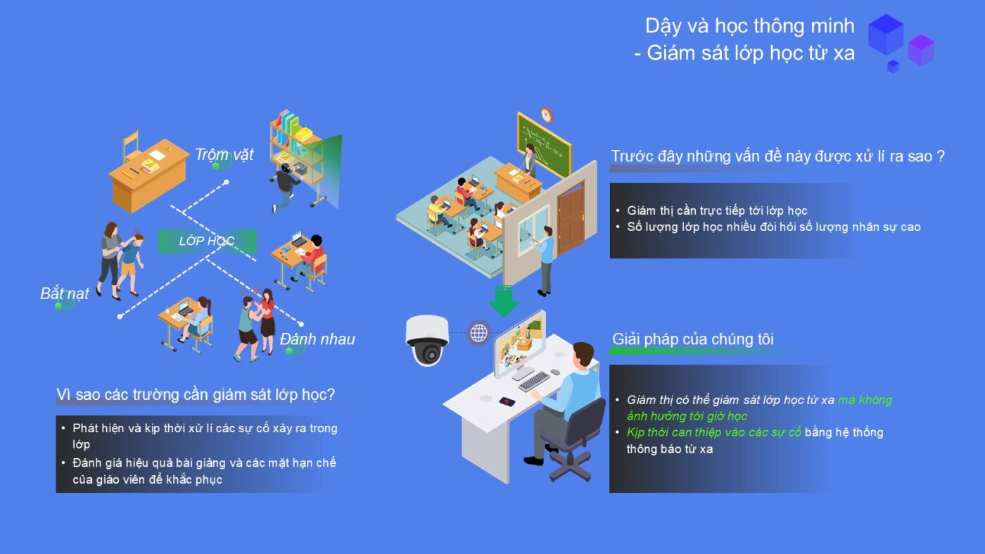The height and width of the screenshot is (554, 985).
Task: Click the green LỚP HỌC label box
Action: pyautogui.click(x=207, y=241)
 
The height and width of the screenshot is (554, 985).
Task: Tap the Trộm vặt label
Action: pyautogui.click(x=224, y=154)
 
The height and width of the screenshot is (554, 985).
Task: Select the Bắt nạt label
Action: pyautogui.click(x=65, y=293)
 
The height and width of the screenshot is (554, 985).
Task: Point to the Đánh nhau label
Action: pyautogui.click(x=317, y=339)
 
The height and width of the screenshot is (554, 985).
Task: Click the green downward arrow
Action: pyautogui.click(x=503, y=301)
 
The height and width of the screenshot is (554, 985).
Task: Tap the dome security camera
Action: pyautogui.click(x=426, y=340)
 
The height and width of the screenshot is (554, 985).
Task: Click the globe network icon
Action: pyautogui.click(x=479, y=333)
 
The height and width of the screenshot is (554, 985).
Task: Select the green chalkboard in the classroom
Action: pyautogui.click(x=544, y=144)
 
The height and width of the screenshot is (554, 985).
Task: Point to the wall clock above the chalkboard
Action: pyautogui.click(x=547, y=115)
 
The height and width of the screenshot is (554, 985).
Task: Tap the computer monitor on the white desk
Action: pyautogui.click(x=520, y=344)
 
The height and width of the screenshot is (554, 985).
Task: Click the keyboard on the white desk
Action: pyautogui.click(x=534, y=381)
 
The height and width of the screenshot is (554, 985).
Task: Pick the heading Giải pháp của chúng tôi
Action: pyautogui.click(x=692, y=339)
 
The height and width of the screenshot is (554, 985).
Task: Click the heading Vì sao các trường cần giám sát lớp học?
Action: pyautogui.click(x=196, y=394)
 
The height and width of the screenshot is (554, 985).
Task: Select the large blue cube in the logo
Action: pyautogui.click(x=886, y=34)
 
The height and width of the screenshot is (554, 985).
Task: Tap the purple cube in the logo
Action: pyautogui.click(x=921, y=50)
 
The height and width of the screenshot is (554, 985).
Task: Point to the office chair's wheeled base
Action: pyautogui.click(x=570, y=467)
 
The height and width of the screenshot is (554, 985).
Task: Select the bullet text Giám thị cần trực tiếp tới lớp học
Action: pyautogui.click(x=717, y=210)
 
